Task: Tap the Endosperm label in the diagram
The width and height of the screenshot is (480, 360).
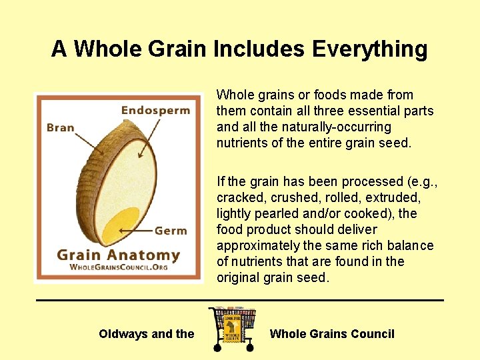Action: coord(155,110)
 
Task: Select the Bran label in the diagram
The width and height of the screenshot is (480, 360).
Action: coord(61,127)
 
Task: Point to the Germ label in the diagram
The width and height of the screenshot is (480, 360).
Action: coord(171,231)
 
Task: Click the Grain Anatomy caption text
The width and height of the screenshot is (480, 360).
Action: coord(118,255)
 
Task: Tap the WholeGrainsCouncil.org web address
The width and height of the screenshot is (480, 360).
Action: coord(118,267)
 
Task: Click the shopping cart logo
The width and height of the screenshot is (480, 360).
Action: coord(232,329)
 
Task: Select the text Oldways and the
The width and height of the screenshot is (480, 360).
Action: coord(146,334)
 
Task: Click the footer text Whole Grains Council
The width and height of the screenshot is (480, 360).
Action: coord(332,334)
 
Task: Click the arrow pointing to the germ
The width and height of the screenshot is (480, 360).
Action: coord(136,231)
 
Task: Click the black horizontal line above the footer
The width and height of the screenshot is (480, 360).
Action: coord(239,300)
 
